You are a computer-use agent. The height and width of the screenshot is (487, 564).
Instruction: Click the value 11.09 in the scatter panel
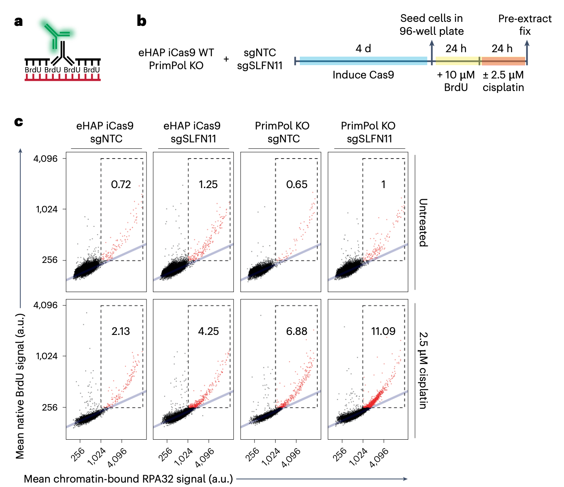click(x=383, y=331)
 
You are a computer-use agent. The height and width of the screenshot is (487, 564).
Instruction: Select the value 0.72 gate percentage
click(x=121, y=184)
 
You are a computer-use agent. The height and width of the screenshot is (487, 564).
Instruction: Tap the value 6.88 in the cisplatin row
click(x=297, y=331)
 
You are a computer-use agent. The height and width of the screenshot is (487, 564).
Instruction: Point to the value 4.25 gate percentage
click(x=208, y=331)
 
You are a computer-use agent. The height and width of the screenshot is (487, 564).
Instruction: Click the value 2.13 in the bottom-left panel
click(x=121, y=331)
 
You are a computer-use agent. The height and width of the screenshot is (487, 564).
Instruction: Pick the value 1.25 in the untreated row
click(x=208, y=184)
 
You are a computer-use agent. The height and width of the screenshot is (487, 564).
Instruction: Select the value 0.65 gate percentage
click(x=297, y=184)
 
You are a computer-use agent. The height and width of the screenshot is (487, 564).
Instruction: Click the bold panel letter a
click(x=18, y=21)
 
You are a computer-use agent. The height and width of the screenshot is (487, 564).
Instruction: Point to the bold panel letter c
click(x=18, y=121)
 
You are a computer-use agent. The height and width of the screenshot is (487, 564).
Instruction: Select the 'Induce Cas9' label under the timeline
click(x=363, y=75)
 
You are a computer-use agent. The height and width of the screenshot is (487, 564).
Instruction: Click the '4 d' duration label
click(x=363, y=49)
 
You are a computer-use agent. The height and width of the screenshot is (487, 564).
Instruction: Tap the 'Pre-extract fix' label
click(x=525, y=25)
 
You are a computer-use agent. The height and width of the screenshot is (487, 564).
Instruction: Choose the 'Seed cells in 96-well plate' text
click(x=431, y=25)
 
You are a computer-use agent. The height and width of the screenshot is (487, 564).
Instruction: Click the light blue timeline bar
click(x=363, y=61)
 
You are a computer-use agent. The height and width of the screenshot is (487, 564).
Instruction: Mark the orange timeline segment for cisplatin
click(x=503, y=61)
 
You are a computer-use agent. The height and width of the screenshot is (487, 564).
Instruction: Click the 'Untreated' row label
click(x=423, y=222)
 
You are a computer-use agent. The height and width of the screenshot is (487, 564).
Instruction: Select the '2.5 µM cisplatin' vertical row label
click(x=423, y=370)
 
